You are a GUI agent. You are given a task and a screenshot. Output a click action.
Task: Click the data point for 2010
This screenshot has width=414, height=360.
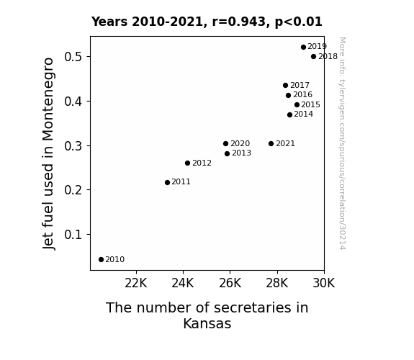(x=101, y=260)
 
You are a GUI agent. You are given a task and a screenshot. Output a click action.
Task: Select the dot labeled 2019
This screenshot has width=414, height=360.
(x=303, y=47)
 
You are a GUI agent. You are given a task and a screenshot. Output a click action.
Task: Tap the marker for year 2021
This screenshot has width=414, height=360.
(x=271, y=144)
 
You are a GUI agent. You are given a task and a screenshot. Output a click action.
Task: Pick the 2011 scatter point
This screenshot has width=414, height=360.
(x=167, y=182)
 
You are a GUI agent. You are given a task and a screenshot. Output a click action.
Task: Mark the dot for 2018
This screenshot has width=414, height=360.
(x=313, y=57)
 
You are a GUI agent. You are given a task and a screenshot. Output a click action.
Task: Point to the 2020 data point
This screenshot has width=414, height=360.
(x=225, y=144)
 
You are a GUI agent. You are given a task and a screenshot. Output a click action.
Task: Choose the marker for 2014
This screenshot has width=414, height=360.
(x=289, y=114)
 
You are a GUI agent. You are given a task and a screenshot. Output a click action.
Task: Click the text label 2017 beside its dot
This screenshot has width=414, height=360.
(x=300, y=85)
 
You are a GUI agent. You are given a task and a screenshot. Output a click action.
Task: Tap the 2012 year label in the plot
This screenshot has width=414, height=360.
(x=202, y=163)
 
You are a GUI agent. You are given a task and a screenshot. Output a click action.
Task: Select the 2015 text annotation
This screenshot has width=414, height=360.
(x=310, y=105)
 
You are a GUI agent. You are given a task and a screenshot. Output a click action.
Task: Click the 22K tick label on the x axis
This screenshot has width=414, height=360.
(x=135, y=283)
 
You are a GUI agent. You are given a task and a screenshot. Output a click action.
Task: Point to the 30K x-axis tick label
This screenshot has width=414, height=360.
(x=324, y=283)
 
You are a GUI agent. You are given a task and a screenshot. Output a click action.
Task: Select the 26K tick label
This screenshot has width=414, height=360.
(x=230, y=283)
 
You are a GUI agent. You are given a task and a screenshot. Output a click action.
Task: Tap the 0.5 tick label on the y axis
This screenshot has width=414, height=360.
(x=73, y=57)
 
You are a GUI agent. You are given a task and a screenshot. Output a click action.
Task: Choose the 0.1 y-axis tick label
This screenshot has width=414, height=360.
(x=73, y=235)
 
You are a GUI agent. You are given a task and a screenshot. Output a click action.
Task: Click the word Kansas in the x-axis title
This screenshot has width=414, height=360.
(x=207, y=323)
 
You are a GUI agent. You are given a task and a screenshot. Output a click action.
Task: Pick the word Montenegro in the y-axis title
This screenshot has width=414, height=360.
(x=48, y=99)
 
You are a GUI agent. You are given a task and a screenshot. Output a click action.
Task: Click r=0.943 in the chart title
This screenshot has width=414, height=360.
(x=239, y=22)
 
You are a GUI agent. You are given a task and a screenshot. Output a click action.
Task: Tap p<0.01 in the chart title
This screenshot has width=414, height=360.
(x=298, y=22)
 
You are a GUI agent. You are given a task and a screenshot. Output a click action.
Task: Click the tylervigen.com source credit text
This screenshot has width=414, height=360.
(x=343, y=143)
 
